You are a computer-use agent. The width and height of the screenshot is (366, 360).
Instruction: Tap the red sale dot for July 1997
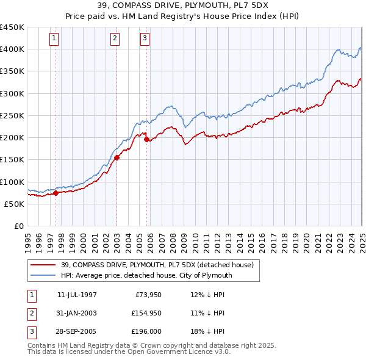(x=56, y=193)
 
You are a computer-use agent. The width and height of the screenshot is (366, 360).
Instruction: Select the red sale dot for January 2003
(x=117, y=157)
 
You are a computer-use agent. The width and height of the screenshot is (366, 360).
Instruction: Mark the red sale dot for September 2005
(x=147, y=139)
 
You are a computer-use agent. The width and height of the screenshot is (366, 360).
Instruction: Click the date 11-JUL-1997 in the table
(x=77, y=294)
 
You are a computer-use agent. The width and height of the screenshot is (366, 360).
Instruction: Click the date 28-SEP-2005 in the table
(x=77, y=332)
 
